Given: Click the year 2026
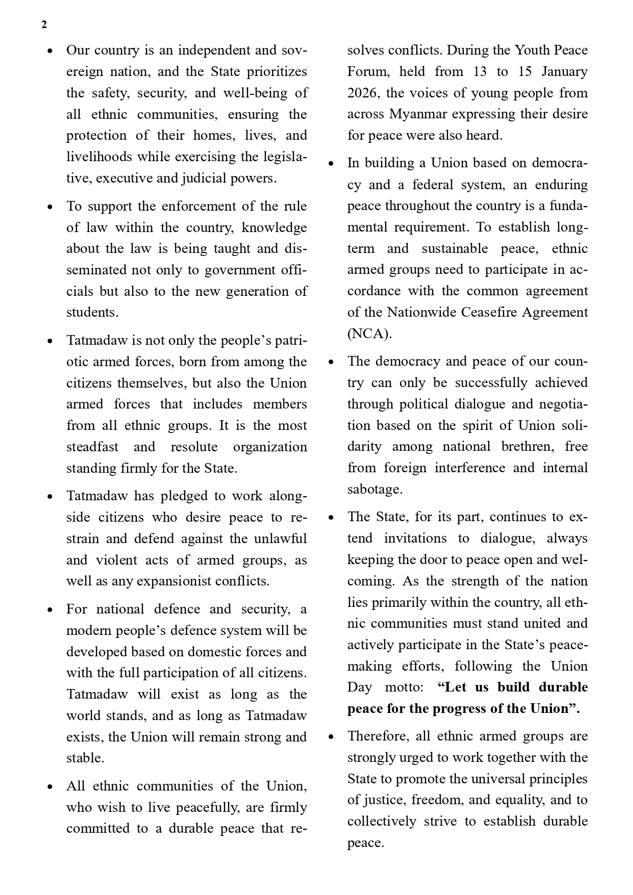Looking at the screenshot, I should (362, 93).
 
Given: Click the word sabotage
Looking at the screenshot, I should (374, 489).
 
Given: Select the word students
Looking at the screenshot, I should (92, 312).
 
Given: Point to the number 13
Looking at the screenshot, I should (479, 71).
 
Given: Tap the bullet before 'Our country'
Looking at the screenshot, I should (49, 51).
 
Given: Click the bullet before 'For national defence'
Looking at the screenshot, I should (49, 610).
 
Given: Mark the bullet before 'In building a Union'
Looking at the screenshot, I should (331, 164).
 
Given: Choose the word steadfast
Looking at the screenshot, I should (92, 447).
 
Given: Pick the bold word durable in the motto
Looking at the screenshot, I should (563, 687).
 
